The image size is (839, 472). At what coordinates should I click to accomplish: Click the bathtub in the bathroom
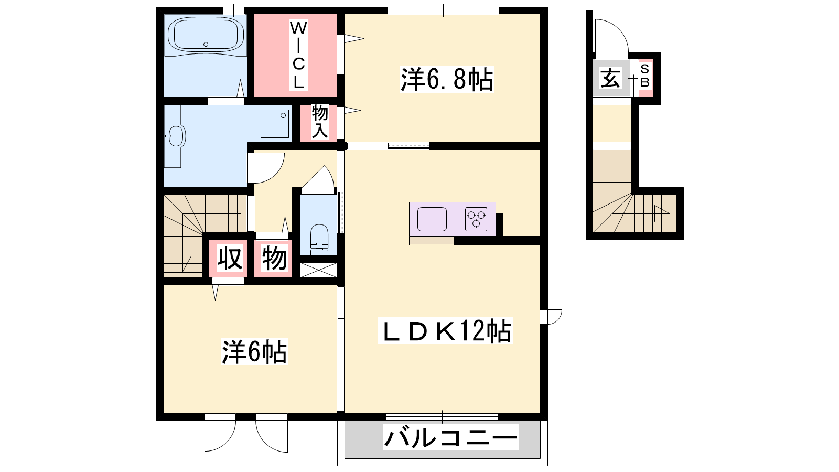(x=206, y=36)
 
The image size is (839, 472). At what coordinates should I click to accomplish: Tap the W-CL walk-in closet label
(x=298, y=55)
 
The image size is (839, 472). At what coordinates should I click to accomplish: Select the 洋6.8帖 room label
(x=446, y=79)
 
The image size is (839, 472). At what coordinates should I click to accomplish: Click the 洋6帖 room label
(x=255, y=352)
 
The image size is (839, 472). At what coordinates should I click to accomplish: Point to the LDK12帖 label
(x=445, y=331)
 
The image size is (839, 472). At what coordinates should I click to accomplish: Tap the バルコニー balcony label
(x=451, y=437)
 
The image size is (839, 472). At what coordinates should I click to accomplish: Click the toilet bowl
(x=319, y=237)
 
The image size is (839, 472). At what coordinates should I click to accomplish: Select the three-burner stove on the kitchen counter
(x=476, y=219)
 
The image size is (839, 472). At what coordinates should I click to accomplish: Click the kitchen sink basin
(x=432, y=219)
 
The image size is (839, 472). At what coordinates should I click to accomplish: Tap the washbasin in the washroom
(x=177, y=135)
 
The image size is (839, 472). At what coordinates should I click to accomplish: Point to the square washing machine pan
(x=275, y=124)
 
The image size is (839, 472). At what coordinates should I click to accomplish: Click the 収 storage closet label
(x=230, y=258)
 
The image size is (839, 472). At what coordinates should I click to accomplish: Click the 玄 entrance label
(x=610, y=78)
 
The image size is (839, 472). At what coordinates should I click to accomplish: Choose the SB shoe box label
(x=644, y=76)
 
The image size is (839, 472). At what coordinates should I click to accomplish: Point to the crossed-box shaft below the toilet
(x=319, y=270)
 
